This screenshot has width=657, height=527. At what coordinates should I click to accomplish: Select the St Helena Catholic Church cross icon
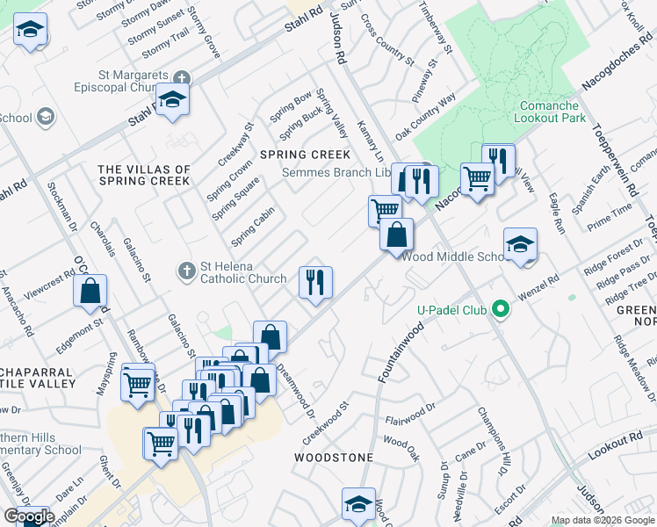(186, 271)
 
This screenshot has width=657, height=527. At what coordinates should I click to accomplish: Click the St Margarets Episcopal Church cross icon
(182, 77)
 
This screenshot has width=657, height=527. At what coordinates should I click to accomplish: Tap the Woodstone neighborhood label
(334, 458)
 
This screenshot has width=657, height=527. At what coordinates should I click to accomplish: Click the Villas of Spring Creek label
(145, 175)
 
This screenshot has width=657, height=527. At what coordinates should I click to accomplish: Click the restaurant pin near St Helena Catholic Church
(315, 282)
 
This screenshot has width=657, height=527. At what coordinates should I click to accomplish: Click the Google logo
(29, 517)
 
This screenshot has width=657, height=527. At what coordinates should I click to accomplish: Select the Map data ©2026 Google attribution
(603, 520)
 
